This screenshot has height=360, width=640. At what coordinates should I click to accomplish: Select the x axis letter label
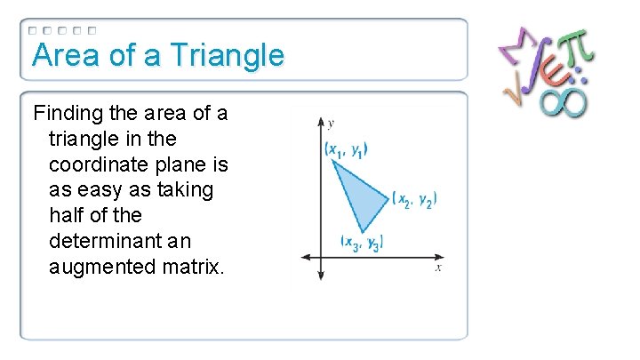438,267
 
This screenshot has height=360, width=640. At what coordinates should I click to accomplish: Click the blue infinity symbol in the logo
562,100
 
